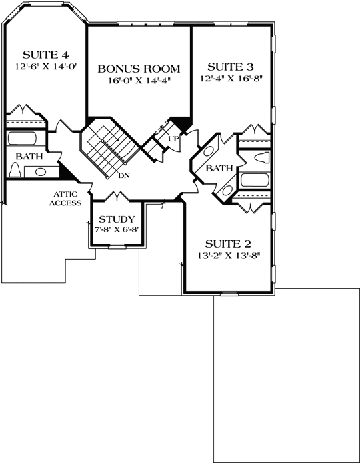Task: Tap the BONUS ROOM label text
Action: [x=139, y=69]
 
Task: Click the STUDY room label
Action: [x=117, y=219]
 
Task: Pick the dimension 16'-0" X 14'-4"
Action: [x=139, y=81]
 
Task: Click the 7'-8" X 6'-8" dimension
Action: [x=117, y=230]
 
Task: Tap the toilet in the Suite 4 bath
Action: [x=15, y=169]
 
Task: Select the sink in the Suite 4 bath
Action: [x=39, y=172]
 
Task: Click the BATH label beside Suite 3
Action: [x=218, y=169]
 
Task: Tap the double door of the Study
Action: [x=117, y=196]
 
